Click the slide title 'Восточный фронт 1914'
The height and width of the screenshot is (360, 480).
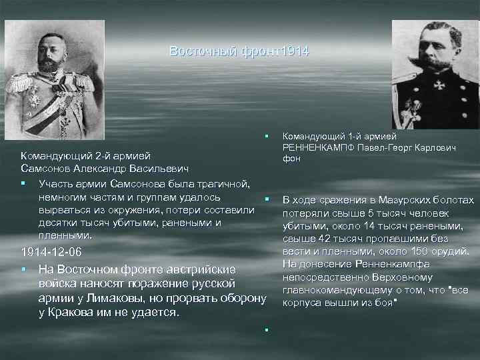[239, 51]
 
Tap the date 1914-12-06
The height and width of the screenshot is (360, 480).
[51, 253]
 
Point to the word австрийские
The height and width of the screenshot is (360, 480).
[198, 269]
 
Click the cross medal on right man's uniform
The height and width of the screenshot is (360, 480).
[440, 85]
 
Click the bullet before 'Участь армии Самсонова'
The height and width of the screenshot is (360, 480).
[23, 183]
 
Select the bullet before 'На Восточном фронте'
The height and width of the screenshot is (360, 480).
[23, 269]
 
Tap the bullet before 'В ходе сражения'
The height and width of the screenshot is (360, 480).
[265, 199]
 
